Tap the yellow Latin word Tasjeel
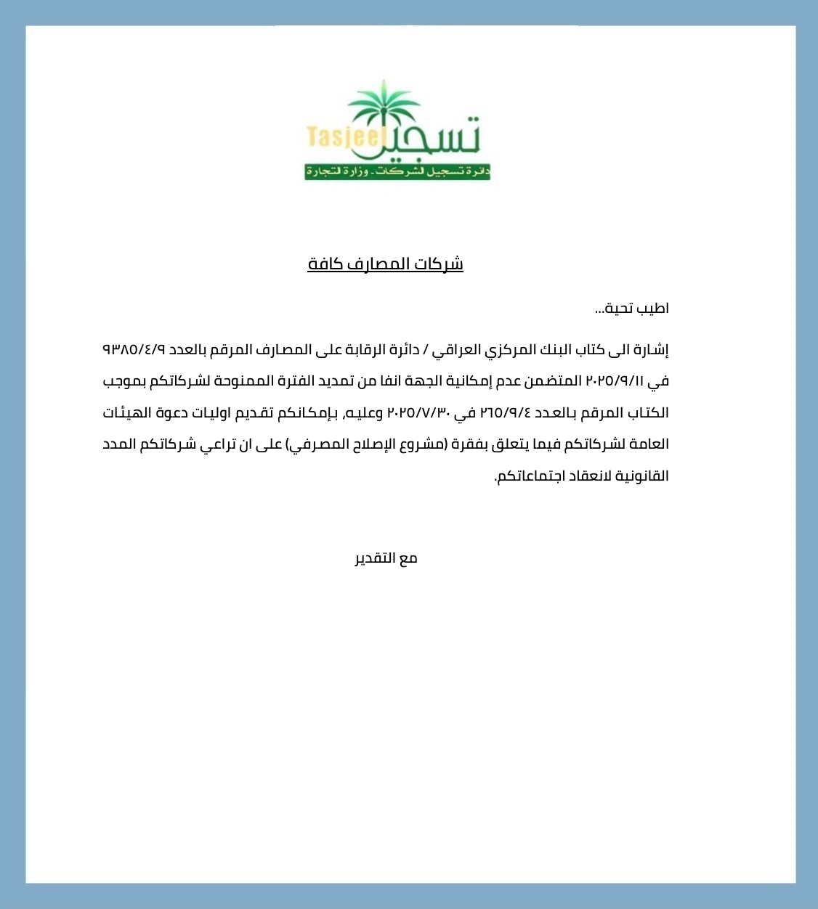coord(344,137)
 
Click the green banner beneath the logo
coord(397,172)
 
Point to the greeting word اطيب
coord(653,309)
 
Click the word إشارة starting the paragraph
coord(652,350)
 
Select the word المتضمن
coord(555,381)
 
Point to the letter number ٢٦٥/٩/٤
coord(505,413)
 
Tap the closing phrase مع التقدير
coord(386,558)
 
